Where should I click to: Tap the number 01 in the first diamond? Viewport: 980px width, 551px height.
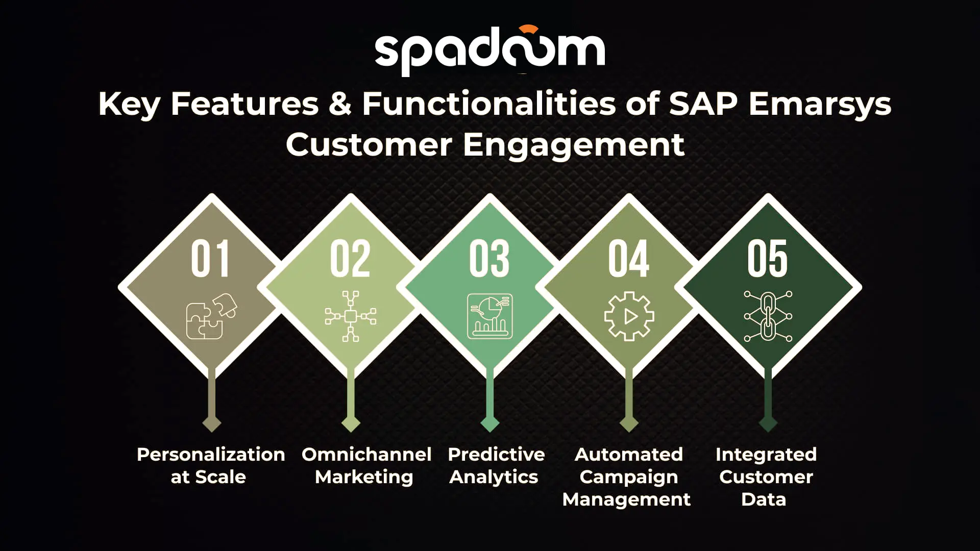[x=210, y=259]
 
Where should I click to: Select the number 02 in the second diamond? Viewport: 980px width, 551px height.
[x=350, y=259]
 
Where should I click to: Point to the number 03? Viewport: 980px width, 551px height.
[x=489, y=259]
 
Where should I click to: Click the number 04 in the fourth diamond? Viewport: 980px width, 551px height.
[x=629, y=259]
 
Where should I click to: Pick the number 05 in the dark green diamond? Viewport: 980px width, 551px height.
[x=768, y=259]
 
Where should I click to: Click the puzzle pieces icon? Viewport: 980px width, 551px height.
[x=211, y=316]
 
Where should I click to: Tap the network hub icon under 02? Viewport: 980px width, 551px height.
[x=351, y=316]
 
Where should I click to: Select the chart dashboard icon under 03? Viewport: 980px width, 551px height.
[x=490, y=316]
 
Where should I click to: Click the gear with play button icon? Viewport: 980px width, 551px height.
[x=629, y=316]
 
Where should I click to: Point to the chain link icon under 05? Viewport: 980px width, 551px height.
[x=768, y=316]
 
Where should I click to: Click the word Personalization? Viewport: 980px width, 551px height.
[x=211, y=454]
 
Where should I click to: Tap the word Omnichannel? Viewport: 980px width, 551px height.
[x=366, y=454]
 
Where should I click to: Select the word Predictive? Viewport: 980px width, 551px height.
[x=497, y=454]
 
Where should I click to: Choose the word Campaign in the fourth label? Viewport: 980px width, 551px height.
[x=629, y=478]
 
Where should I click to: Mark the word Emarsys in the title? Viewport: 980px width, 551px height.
[x=820, y=105]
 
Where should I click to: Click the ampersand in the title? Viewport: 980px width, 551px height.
[x=340, y=104]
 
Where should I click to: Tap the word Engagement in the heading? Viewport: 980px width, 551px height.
[x=574, y=146]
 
